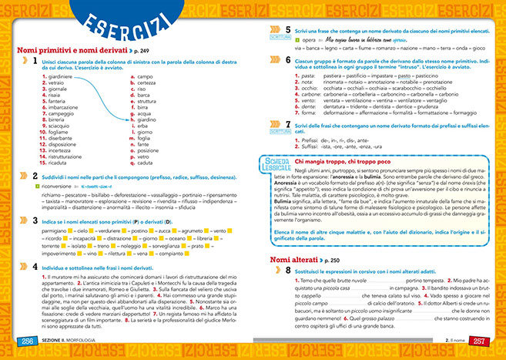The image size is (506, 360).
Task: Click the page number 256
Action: click(20, 341)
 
